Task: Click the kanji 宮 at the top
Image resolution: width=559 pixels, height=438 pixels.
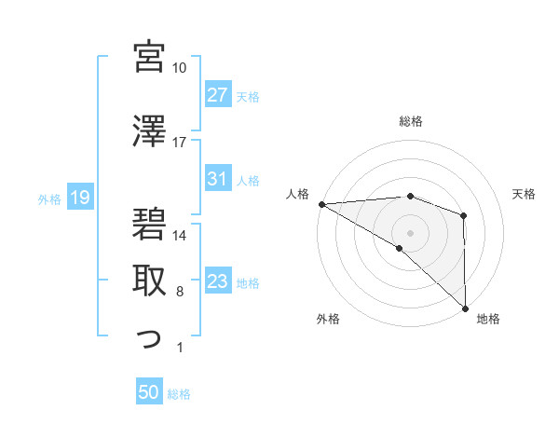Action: pyautogui.click(x=149, y=57)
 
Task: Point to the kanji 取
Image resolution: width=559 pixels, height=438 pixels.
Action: pyautogui.click(x=149, y=281)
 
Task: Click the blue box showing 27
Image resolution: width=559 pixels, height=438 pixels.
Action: pyautogui.click(x=217, y=96)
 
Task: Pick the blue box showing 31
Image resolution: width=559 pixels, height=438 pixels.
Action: pyautogui.click(x=217, y=180)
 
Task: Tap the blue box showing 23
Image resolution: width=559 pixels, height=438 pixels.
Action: pyautogui.click(x=217, y=282)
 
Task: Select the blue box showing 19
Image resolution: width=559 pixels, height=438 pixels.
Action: pyautogui.click(x=79, y=198)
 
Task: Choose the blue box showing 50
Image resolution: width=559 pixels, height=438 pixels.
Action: pyautogui.click(x=149, y=393)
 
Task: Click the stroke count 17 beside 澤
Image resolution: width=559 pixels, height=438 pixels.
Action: pyautogui.click(x=179, y=143)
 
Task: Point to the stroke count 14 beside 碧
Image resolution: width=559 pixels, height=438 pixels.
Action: pyautogui.click(x=179, y=236)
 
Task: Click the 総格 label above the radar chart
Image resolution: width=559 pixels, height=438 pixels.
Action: pyautogui.click(x=410, y=121)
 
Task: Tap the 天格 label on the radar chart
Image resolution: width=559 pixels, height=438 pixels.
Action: pyautogui.click(x=525, y=194)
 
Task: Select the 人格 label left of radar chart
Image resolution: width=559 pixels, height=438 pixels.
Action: pyautogui.click(x=297, y=194)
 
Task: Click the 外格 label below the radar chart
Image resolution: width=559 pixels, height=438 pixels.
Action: pyautogui.click(x=328, y=319)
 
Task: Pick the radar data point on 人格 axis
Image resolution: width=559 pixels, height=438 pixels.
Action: pyautogui.click(x=321, y=204)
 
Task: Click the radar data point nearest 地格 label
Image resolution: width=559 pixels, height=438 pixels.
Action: pyautogui.click(x=464, y=307)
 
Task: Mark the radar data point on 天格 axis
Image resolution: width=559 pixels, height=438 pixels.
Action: pyautogui.click(x=464, y=215)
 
